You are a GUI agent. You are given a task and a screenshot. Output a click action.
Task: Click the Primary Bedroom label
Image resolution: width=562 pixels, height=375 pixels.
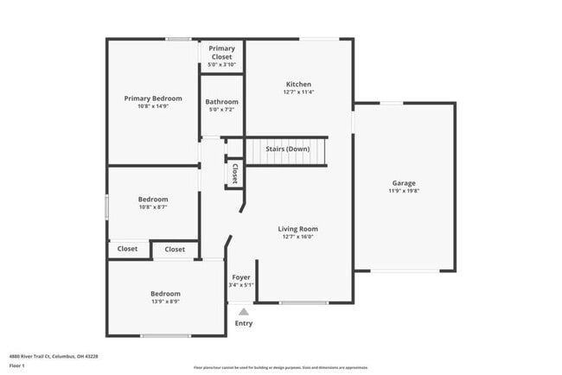point(153,99)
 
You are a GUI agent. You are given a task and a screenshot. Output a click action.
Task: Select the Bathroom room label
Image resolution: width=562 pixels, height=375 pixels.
point(221,102)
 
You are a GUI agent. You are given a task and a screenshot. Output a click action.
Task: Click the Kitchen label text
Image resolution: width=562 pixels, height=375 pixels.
point(299,84)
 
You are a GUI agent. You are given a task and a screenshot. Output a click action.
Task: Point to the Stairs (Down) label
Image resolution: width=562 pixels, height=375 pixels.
point(287,149)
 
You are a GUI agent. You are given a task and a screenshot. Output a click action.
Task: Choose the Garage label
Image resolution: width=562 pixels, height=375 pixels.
point(404,182)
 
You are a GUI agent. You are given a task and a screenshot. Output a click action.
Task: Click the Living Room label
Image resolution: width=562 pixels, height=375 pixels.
point(298,229)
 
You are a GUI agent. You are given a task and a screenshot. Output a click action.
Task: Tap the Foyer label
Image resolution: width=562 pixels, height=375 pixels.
point(241,277)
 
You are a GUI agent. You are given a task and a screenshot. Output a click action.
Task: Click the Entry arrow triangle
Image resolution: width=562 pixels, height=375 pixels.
point(244,312)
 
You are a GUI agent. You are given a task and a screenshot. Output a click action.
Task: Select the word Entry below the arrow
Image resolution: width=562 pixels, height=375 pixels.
point(244,323)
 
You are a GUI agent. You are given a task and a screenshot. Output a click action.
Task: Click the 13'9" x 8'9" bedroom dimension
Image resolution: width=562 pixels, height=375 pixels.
point(165,302)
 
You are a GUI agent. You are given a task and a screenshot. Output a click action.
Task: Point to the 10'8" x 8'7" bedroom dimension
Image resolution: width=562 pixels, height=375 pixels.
point(153,207)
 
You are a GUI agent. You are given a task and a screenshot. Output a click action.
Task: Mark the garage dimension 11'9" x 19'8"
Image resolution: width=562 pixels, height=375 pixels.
point(404,191)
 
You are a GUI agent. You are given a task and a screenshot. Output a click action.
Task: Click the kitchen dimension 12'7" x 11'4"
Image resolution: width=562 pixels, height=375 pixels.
point(299,92)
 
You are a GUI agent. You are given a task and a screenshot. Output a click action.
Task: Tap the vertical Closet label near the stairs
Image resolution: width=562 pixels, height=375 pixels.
point(234,173)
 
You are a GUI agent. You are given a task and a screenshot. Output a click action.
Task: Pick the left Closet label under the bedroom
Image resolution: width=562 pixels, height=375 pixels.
point(127,249)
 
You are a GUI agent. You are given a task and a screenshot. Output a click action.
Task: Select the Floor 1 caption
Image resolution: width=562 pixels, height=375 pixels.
point(18,365)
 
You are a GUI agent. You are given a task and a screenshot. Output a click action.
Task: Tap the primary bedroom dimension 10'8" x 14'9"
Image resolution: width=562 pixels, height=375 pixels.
point(153,107)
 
